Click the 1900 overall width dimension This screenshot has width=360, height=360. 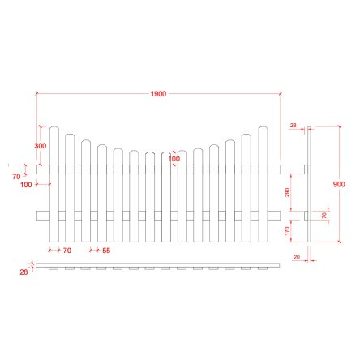click(x=158, y=94)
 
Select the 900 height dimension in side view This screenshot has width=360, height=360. click(x=339, y=185)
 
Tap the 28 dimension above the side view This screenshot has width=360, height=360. click(x=294, y=126)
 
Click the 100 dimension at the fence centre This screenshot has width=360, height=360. click(x=174, y=159)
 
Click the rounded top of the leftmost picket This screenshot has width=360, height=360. click(x=54, y=129)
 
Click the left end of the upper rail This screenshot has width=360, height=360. click(x=41, y=169)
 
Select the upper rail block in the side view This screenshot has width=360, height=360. click(x=305, y=169)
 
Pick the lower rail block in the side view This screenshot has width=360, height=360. click(x=305, y=215)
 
